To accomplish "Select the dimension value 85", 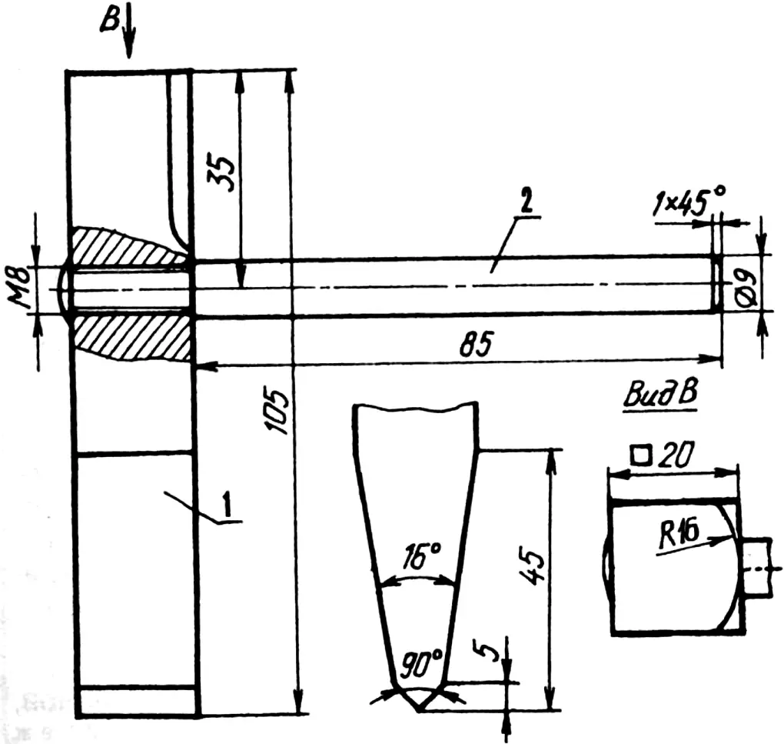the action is (477, 344).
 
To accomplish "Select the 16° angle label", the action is (420, 555).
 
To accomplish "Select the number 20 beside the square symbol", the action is (676, 455).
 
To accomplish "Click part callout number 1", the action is (228, 505).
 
